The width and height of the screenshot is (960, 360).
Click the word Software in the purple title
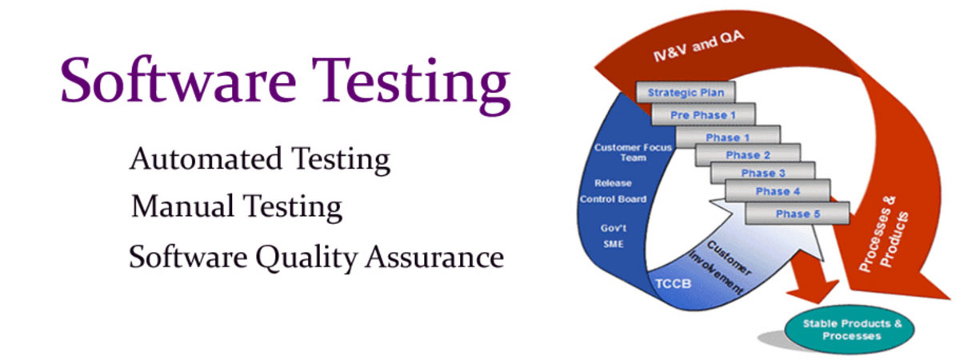178,80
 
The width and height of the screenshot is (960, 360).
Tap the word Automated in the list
206,158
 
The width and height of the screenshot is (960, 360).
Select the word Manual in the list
182,206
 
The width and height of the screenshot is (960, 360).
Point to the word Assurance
434,257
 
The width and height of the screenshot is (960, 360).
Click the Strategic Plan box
686,92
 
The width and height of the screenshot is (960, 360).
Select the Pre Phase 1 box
703,114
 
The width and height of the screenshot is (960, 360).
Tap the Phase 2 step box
748,154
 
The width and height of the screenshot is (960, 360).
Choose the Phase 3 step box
763,173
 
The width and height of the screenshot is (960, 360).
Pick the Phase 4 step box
778,190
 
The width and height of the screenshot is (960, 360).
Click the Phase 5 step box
798,214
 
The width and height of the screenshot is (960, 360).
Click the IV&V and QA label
698,46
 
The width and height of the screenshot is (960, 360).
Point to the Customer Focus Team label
633,152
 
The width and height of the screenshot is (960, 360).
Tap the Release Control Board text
614,191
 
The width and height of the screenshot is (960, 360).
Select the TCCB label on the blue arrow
674,284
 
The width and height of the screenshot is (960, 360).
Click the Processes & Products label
884,234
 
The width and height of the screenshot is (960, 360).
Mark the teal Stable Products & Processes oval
850,330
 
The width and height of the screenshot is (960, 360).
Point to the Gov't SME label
614,236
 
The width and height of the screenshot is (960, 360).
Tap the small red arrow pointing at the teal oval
812,278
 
